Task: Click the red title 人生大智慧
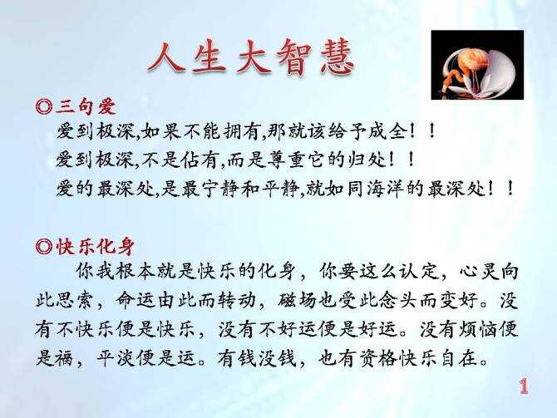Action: [251, 58]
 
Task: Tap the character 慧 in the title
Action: [336, 58]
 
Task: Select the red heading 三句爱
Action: [86, 106]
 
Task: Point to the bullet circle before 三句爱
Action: [45, 106]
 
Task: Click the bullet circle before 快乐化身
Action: [45, 247]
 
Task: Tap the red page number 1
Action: [524, 386]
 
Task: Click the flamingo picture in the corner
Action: [477, 65]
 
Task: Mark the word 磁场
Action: [297, 301]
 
